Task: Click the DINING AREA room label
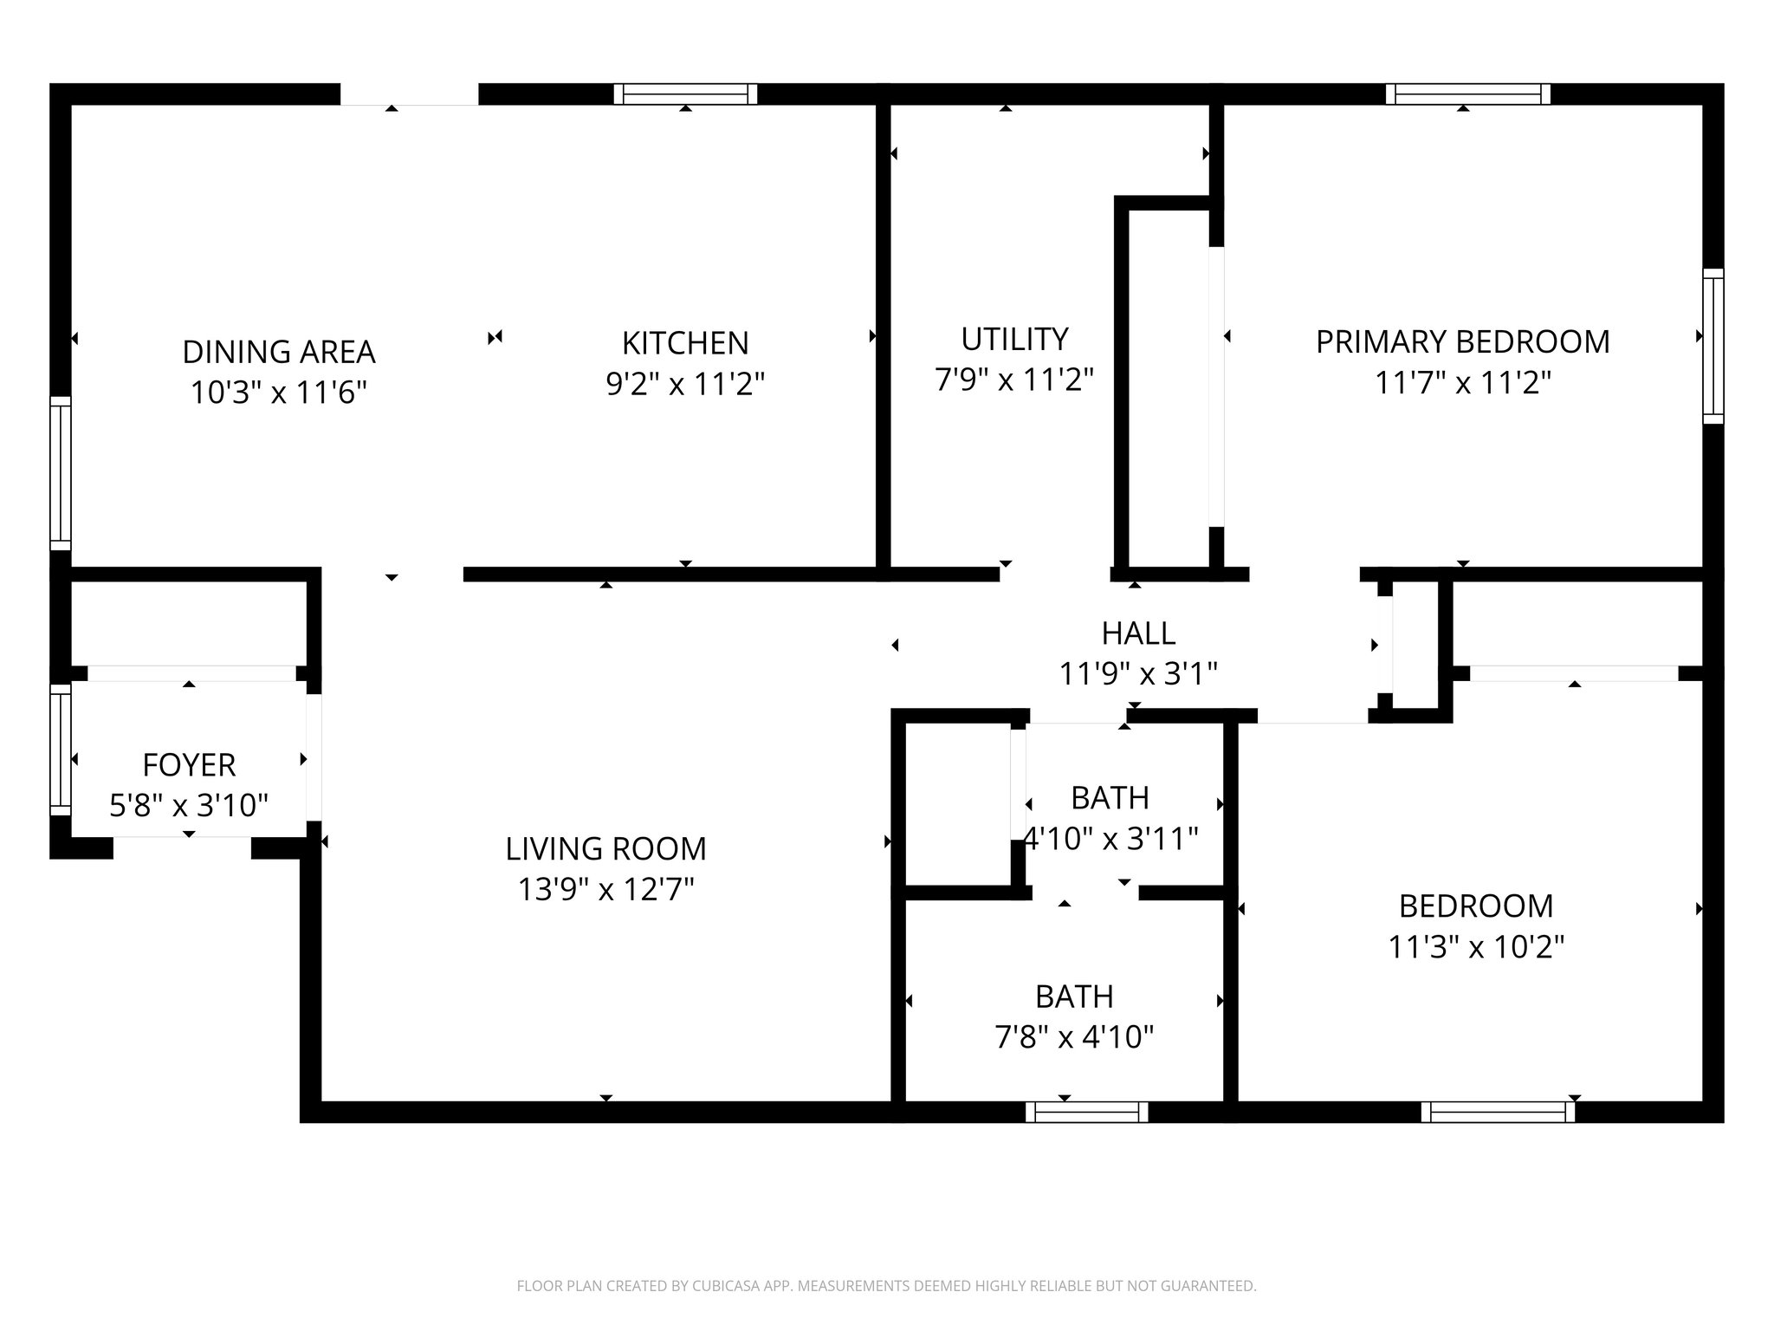(x=279, y=352)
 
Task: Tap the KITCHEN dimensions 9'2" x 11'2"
(x=685, y=384)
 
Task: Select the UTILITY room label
(x=1014, y=339)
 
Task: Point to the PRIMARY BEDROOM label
(x=1462, y=342)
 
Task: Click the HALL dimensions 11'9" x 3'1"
(x=1138, y=673)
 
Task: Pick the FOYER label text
(x=189, y=765)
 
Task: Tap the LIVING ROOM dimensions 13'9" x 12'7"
(x=605, y=889)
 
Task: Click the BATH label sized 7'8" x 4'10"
(x=1074, y=997)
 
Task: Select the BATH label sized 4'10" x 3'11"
(x=1110, y=798)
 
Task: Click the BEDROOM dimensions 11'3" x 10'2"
(x=1476, y=946)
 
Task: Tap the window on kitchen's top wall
(x=685, y=94)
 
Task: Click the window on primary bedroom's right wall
(x=1712, y=346)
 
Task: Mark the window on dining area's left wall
(x=60, y=473)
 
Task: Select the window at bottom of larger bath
(x=1086, y=1112)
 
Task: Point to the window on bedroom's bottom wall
(x=1498, y=1112)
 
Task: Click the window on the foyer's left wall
(x=60, y=750)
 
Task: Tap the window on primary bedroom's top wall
(x=1467, y=94)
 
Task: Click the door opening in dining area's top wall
(x=409, y=94)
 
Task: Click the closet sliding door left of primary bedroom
(x=1216, y=386)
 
